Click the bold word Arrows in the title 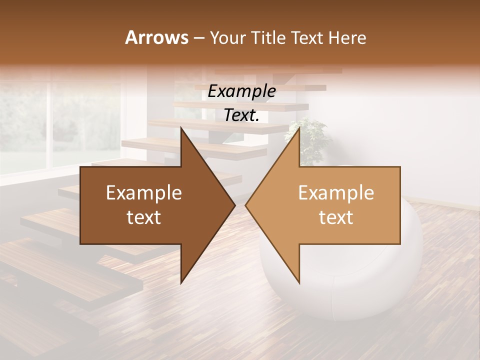tap(157, 37)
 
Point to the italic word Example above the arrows tap(241, 91)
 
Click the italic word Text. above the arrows tap(241, 115)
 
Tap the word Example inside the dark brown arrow tap(143, 193)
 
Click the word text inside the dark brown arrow tap(143, 217)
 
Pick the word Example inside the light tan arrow tap(336, 193)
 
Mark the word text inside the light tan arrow tap(336, 217)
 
